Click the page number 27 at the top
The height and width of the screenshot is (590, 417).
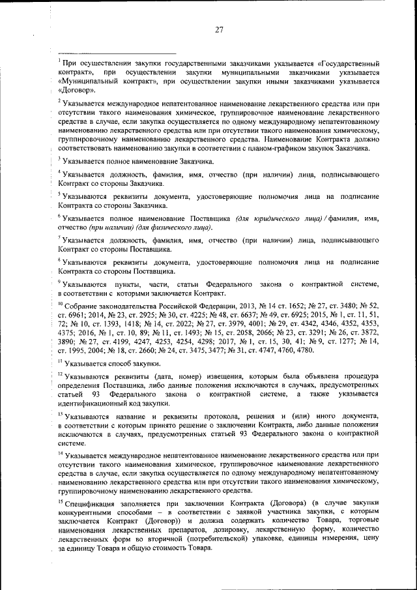pos(220,29)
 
